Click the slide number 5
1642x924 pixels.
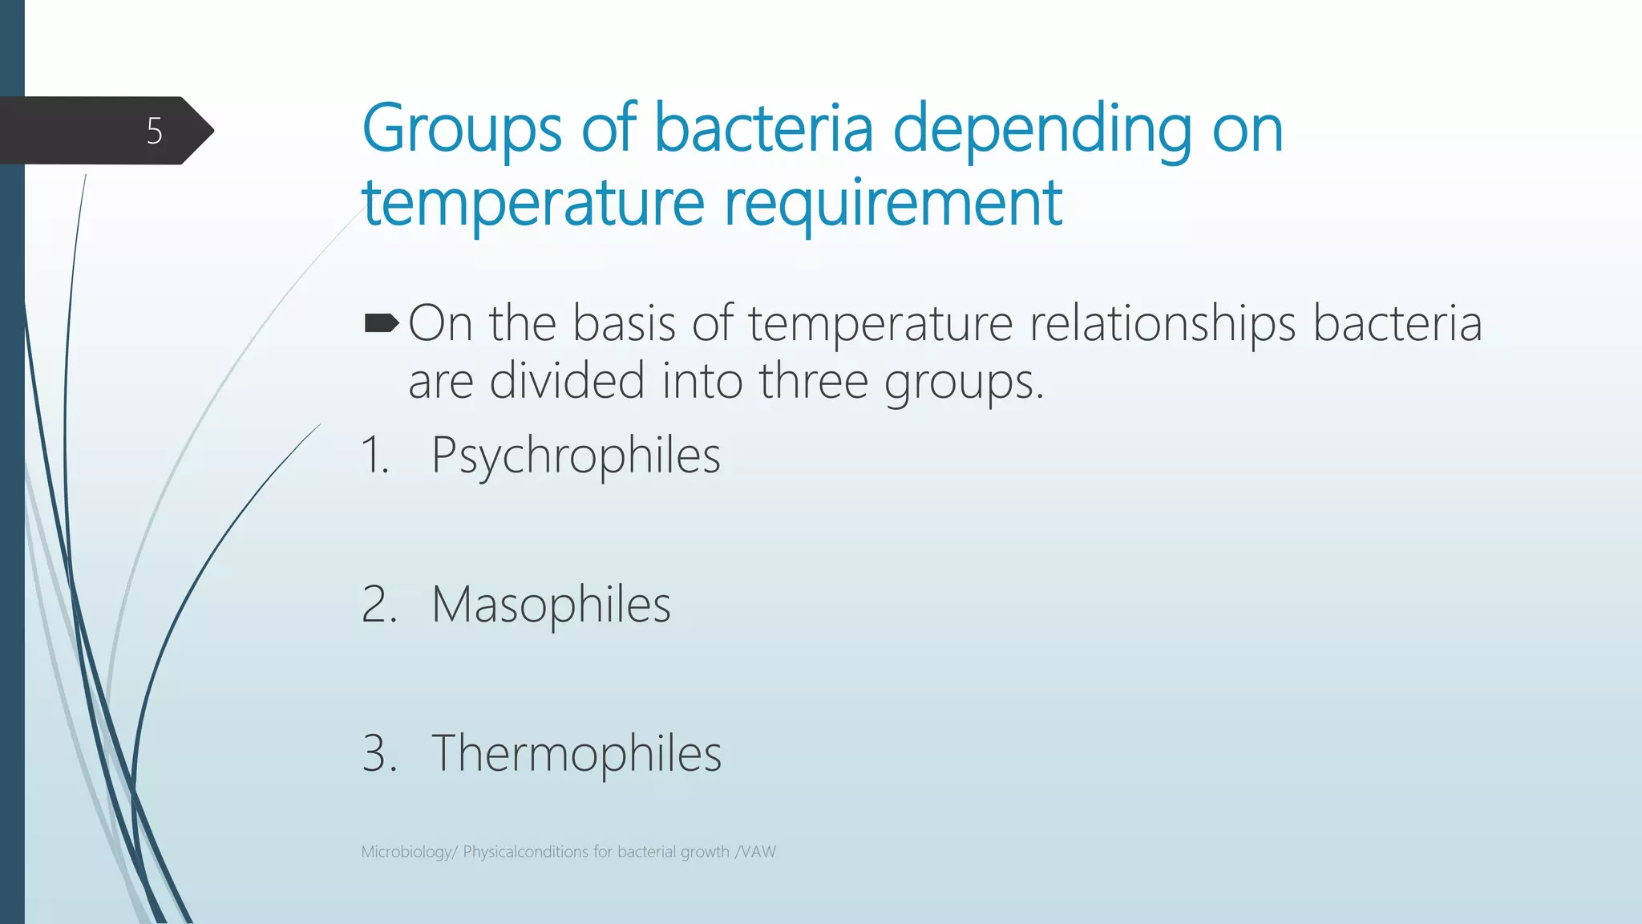[x=154, y=131]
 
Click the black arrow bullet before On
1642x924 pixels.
[x=381, y=323]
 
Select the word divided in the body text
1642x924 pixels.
[x=567, y=380]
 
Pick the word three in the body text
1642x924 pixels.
[x=813, y=380]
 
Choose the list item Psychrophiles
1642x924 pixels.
[x=576, y=456]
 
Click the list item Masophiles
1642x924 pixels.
[x=551, y=604]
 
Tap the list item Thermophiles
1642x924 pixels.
[x=576, y=753]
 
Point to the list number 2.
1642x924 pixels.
[x=378, y=604]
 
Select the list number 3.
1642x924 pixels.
[x=378, y=753]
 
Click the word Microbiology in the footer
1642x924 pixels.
[x=407, y=852]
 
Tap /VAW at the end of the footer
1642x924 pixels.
[x=755, y=852]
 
